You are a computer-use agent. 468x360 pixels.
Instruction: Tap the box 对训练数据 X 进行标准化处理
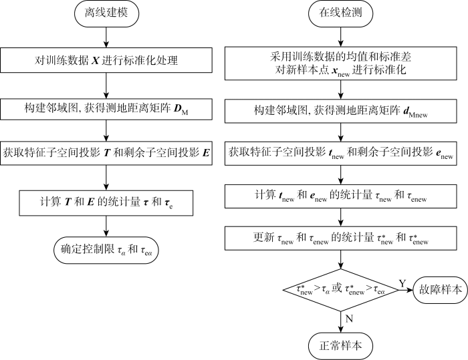point(107,61)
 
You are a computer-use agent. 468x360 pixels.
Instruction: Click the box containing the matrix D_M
point(107,108)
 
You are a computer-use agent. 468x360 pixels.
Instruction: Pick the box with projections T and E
point(107,154)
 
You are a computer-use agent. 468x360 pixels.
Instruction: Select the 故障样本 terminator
point(437,291)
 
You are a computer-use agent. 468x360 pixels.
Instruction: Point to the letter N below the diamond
point(350,319)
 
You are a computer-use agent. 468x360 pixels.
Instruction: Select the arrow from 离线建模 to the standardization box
point(107,39)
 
